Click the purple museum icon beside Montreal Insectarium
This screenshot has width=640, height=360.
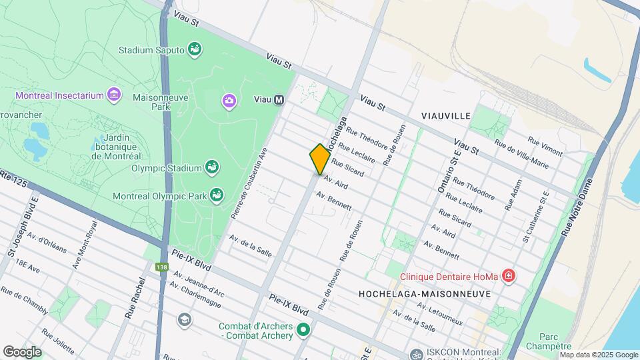[115, 95]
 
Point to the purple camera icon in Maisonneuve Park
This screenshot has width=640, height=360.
[229, 101]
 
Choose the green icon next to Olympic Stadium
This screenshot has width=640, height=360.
[212, 166]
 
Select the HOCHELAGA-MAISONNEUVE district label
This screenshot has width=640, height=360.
[425, 293]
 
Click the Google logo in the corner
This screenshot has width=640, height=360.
[23, 351]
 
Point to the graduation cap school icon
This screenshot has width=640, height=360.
[183, 320]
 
